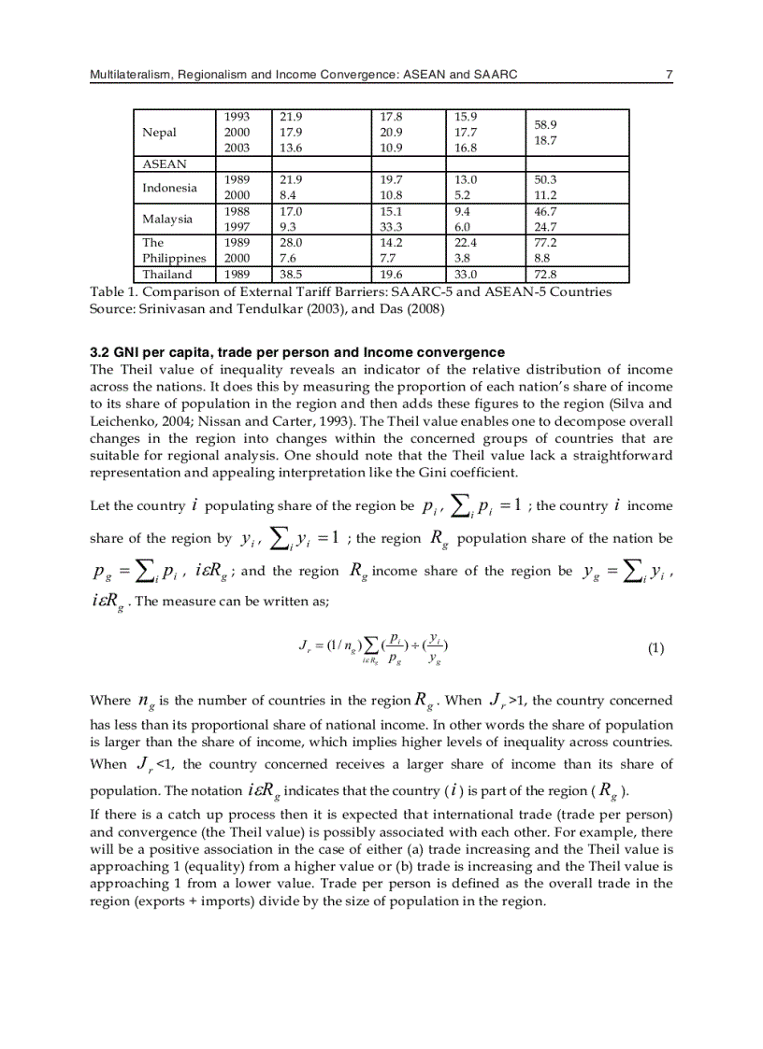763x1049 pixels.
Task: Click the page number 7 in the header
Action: pos(669,74)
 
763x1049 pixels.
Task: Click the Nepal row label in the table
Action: pos(159,133)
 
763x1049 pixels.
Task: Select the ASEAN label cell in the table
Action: pos(164,163)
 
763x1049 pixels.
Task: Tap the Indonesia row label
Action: pos(169,188)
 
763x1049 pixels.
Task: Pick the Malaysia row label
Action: pos(166,220)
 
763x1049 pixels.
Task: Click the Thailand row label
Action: pos(166,275)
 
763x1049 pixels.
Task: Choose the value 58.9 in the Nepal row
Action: pos(545,123)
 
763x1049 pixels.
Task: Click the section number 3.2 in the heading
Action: pos(99,352)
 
